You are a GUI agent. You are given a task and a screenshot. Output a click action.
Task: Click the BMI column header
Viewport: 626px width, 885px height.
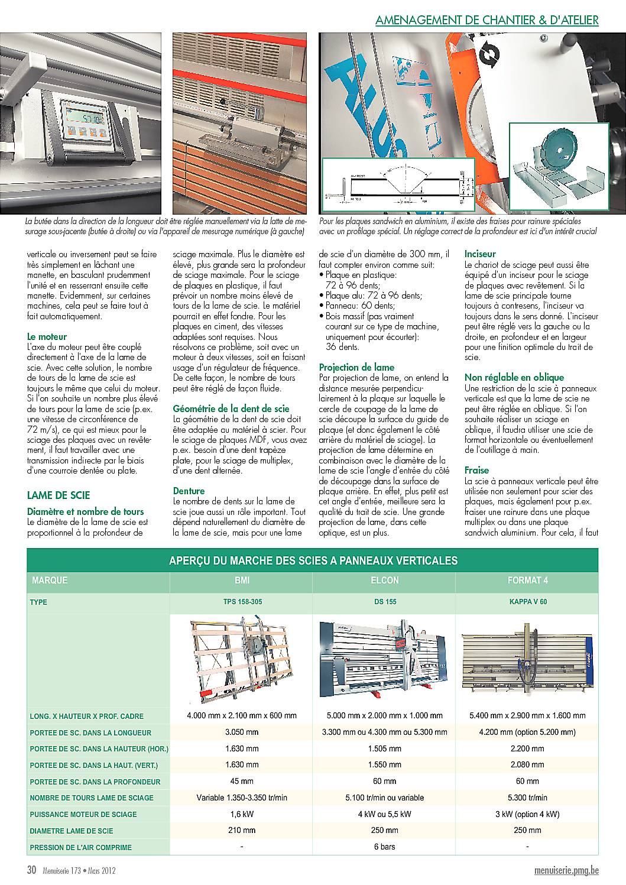pyautogui.click(x=242, y=581)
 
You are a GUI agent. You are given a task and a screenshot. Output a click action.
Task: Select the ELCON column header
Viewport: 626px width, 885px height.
pyautogui.click(x=384, y=581)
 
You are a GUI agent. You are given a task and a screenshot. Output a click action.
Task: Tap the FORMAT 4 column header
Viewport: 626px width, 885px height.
pyautogui.click(x=527, y=581)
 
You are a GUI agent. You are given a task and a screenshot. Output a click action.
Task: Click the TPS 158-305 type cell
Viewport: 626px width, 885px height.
pyautogui.click(x=242, y=602)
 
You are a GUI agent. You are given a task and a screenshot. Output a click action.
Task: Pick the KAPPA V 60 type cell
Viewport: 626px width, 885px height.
pyautogui.click(x=527, y=602)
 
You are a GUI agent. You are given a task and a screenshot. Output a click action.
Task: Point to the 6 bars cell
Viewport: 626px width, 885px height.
pyautogui.click(x=384, y=847)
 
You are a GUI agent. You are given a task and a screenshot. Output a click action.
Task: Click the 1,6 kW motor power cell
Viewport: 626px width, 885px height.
pyautogui.click(x=242, y=814)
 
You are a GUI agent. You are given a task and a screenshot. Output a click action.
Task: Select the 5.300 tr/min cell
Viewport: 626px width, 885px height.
pyautogui.click(x=527, y=798)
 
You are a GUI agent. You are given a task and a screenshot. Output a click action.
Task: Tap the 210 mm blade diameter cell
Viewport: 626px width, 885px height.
pyautogui.click(x=242, y=831)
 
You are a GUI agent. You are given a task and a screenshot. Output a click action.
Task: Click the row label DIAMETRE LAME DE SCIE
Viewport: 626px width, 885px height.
pyautogui.click(x=72, y=831)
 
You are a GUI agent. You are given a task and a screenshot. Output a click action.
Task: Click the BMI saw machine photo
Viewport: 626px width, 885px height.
pyautogui.click(x=241, y=659)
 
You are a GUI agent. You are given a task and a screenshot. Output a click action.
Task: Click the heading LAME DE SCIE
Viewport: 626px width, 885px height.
pyautogui.click(x=59, y=495)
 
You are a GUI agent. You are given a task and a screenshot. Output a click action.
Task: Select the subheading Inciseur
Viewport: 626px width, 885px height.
pyautogui.click(x=480, y=254)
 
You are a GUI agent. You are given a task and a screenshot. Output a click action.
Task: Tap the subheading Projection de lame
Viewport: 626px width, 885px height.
pyautogui.click(x=356, y=367)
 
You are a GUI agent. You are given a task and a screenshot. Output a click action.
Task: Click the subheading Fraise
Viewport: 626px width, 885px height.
pyautogui.click(x=476, y=470)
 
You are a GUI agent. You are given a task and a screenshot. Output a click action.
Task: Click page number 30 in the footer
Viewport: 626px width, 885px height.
pyautogui.click(x=32, y=870)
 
